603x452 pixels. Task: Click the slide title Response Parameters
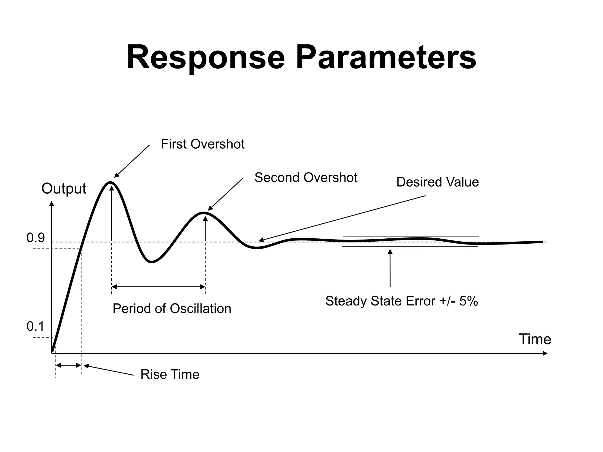301,57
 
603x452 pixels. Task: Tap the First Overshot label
203,144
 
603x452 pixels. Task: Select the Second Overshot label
306,178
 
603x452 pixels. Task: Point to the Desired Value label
438,182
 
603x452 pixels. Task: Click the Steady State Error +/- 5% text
401,301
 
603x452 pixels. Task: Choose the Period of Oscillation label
172,309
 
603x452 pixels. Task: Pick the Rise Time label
170,375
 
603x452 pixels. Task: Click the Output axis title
64,188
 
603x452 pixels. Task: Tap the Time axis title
535,339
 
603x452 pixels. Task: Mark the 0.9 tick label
36,238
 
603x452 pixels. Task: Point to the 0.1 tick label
36,326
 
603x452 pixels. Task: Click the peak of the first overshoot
111,182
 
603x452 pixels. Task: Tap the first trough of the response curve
151,262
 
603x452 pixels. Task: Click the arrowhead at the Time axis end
545,353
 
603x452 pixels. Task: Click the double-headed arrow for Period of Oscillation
158,287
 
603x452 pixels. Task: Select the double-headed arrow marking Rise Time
68,365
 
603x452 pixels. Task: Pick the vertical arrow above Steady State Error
390,268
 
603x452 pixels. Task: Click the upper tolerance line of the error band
411,236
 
